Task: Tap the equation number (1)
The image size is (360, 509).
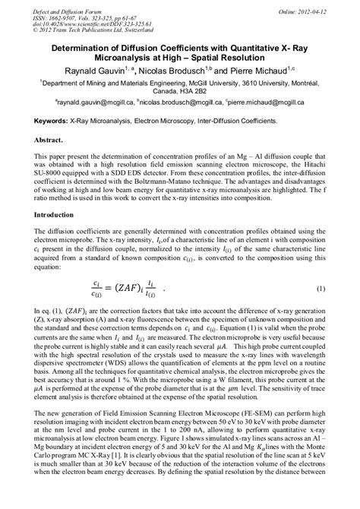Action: click(320, 289)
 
